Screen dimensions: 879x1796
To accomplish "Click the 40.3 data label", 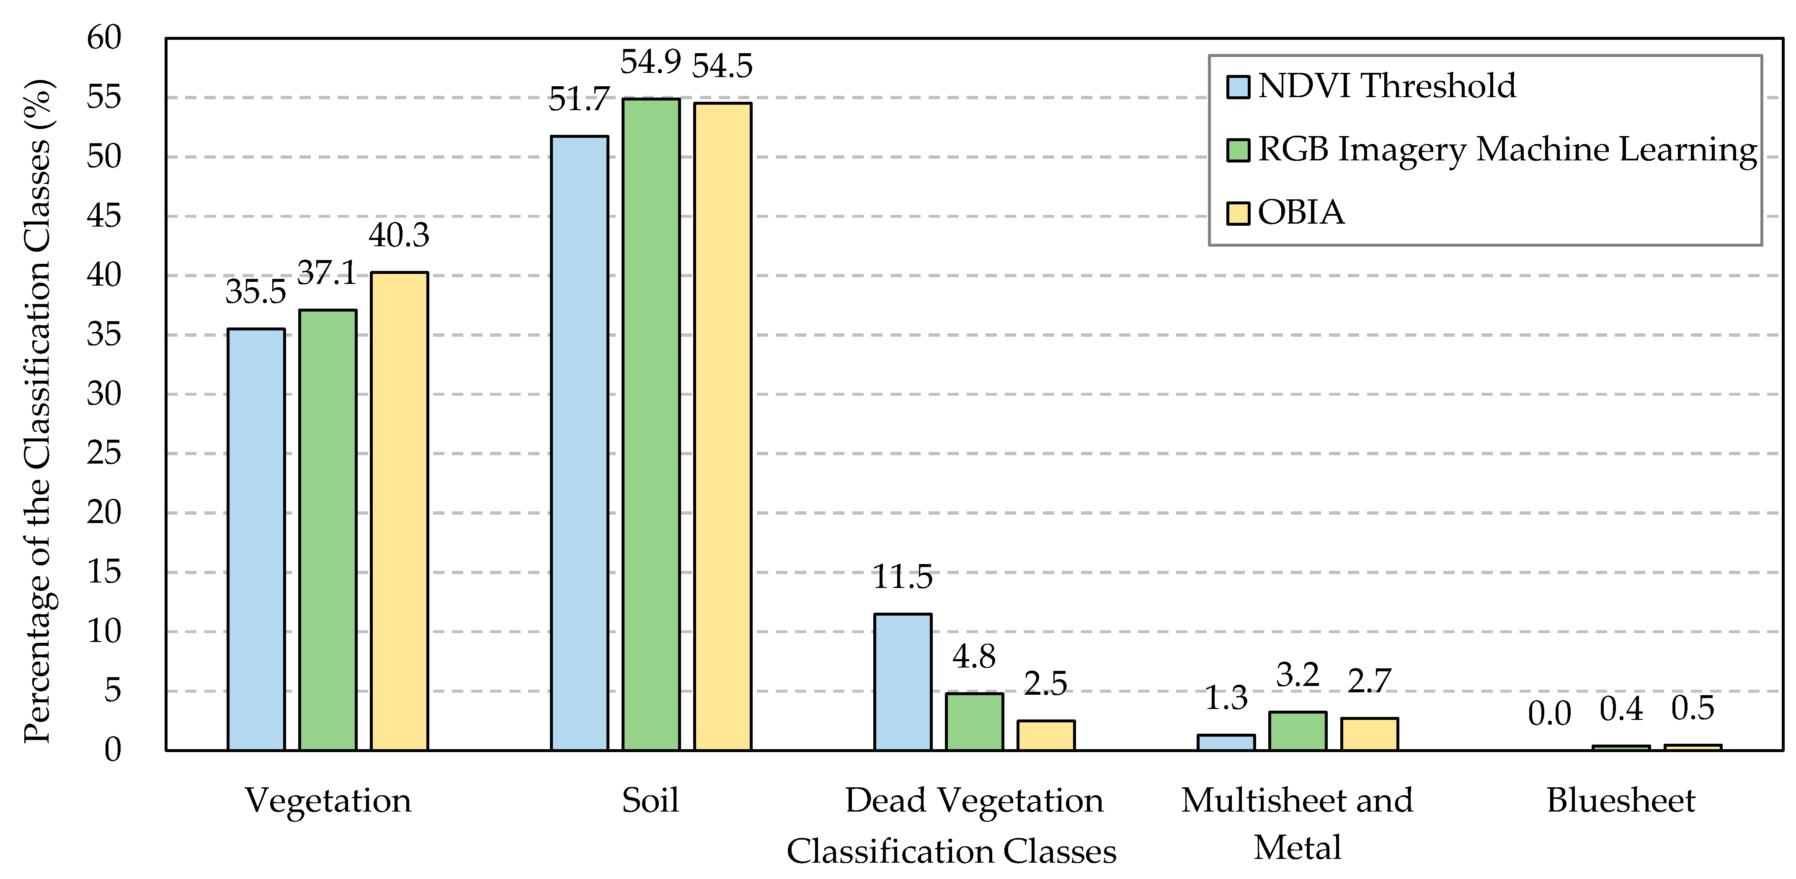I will click(399, 236).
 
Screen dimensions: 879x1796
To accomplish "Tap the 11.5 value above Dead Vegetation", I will click(902, 577).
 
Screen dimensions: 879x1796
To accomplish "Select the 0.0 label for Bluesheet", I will click(1549, 714).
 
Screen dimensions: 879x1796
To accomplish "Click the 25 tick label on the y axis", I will click(104, 454).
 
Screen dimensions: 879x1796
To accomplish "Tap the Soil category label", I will click(650, 800).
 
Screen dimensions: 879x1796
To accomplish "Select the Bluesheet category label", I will click(1621, 800).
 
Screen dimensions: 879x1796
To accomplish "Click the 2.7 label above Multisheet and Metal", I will click(1369, 681).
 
